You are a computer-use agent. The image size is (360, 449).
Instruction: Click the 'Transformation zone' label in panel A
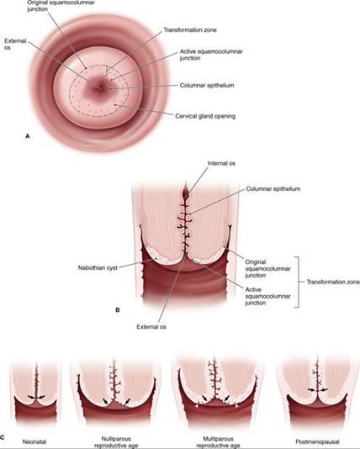190,29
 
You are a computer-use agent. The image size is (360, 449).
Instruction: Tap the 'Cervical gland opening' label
205,116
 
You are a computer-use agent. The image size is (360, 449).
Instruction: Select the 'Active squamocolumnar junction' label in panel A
211,55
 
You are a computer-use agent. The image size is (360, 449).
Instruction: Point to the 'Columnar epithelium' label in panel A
207,85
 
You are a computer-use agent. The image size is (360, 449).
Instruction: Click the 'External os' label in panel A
15,44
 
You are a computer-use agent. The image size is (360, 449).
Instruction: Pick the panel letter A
28,136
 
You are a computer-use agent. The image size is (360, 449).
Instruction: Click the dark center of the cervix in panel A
98,87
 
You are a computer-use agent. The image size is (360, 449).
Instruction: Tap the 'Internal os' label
221,163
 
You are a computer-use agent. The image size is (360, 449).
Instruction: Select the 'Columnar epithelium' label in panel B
273,188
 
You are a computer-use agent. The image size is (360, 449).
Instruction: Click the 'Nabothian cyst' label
98,268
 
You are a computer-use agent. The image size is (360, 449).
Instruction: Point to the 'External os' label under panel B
151,327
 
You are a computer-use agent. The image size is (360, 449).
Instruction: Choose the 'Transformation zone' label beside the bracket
333,282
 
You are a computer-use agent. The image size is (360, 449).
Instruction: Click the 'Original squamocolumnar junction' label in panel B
267,268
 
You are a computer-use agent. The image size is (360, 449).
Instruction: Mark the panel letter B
118,309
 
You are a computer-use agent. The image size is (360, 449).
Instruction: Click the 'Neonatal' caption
34,441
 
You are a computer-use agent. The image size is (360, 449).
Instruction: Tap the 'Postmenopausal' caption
317,441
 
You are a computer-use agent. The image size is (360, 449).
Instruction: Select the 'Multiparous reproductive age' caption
218,442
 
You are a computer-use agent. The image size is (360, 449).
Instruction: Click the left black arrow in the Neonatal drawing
31,397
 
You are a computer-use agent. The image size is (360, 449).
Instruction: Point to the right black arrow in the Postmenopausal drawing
323,390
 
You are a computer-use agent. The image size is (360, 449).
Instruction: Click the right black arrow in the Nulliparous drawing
127,401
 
